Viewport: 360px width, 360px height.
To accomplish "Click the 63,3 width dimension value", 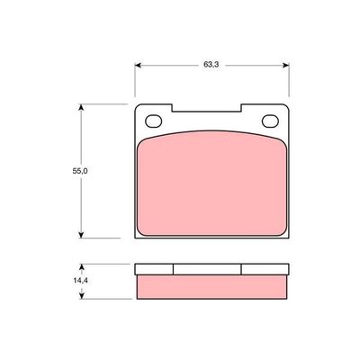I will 212,65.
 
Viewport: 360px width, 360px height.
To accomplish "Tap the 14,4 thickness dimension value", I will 79,281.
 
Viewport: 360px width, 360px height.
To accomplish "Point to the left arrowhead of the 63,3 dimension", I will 139,65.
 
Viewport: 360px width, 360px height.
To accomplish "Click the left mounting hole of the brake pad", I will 153,122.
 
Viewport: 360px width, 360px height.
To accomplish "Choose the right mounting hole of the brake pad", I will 270,122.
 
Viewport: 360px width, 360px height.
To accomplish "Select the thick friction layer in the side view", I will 211,285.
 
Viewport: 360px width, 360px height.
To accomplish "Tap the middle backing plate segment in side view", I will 207,268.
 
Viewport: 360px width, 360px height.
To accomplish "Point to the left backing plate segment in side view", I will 153,268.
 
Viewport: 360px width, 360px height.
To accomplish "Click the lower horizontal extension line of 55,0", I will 103,238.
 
